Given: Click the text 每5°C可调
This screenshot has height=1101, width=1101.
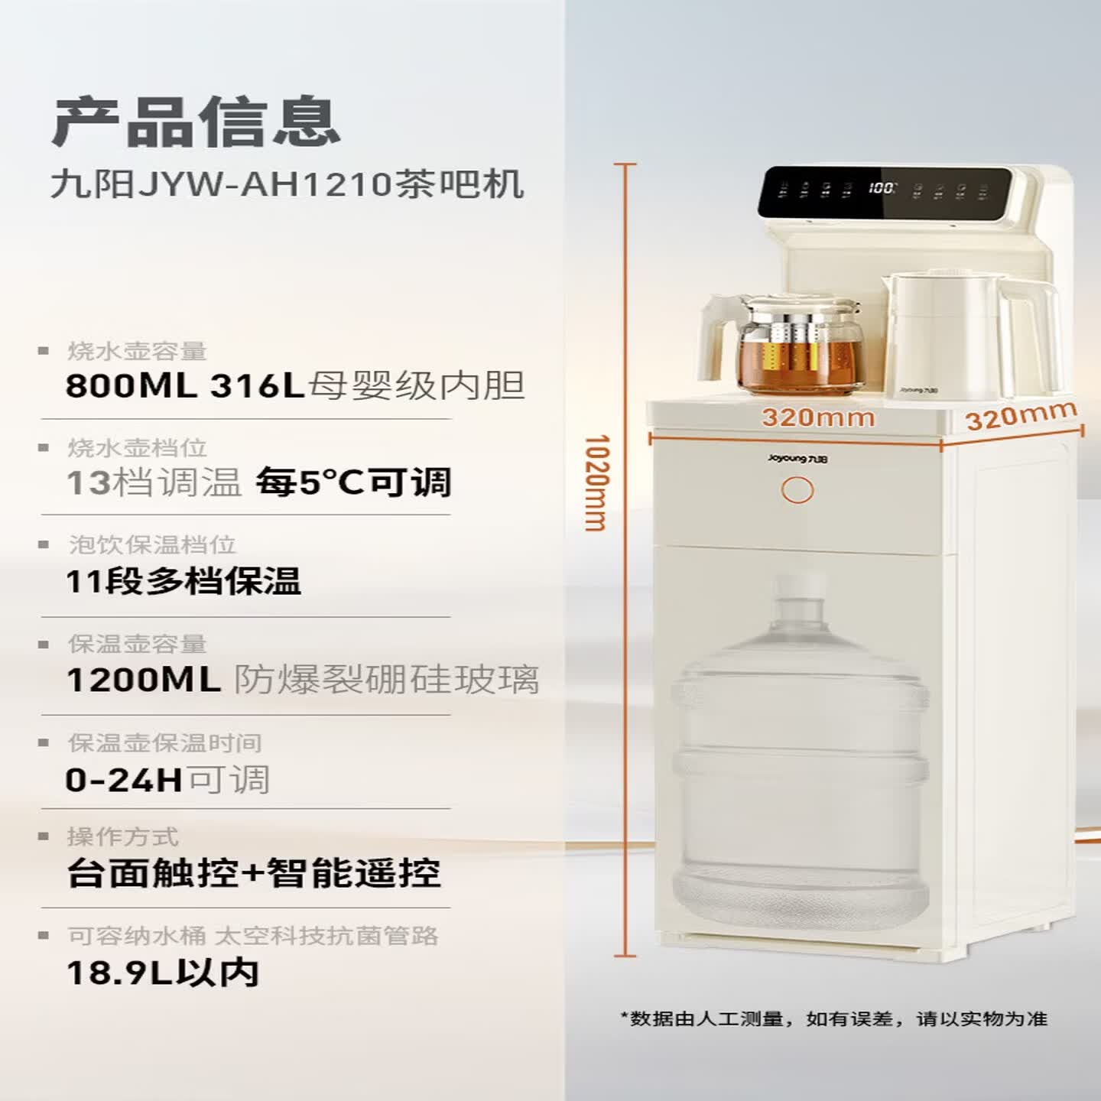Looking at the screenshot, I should [x=353, y=482].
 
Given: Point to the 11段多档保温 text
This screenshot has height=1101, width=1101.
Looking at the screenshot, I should [x=183, y=582].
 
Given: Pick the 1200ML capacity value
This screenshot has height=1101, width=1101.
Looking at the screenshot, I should [x=144, y=680].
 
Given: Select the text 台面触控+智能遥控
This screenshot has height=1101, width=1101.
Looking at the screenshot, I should [x=254, y=873].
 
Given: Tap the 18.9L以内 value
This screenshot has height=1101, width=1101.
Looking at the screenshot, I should [x=163, y=973].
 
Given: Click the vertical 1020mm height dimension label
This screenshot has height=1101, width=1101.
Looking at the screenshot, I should [x=596, y=483].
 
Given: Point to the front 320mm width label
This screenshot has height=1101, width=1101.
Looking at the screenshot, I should [x=818, y=417].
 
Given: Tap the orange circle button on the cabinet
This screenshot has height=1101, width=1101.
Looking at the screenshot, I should [x=797, y=490].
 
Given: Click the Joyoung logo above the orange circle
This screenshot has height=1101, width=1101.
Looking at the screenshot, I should [x=797, y=459].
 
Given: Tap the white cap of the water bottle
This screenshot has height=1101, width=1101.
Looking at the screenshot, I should [x=800, y=587].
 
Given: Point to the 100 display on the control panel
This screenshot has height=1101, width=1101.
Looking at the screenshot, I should [x=882, y=188].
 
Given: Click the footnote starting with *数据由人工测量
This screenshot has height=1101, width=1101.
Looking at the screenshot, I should [x=834, y=1018].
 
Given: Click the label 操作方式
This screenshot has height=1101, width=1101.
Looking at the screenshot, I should [x=123, y=837].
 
